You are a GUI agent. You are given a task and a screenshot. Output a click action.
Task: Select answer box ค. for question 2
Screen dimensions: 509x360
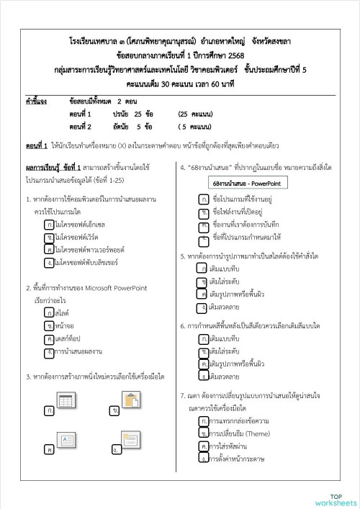[48, 338]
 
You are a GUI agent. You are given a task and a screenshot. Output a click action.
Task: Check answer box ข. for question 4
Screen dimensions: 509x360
[205, 212]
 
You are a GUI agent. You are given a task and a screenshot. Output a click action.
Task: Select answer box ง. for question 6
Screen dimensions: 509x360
[205, 375]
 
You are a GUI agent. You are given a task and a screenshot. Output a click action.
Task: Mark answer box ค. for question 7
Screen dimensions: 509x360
[205, 446]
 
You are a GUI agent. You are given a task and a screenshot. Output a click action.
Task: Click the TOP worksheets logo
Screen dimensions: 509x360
[336, 499]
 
